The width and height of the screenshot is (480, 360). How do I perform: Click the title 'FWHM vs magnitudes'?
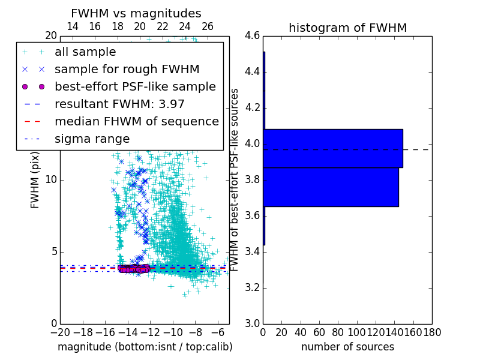[x=136, y=13]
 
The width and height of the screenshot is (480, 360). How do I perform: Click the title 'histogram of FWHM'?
[x=347, y=28]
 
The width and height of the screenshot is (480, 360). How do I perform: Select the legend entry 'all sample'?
[x=85, y=52]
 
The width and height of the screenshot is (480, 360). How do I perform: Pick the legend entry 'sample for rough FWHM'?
[x=127, y=70]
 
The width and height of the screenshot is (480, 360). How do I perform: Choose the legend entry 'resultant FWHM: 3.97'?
[x=119, y=104]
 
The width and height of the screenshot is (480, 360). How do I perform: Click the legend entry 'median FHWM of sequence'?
[x=136, y=121]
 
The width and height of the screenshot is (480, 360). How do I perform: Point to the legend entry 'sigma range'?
[x=92, y=139]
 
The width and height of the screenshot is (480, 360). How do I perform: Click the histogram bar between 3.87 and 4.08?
[x=333, y=148]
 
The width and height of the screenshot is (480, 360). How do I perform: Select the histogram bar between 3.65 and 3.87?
[x=331, y=187]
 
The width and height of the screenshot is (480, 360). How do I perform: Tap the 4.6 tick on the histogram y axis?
[x=252, y=36]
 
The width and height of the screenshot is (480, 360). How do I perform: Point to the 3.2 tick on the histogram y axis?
[x=252, y=287]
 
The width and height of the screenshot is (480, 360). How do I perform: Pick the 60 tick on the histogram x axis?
[x=319, y=332]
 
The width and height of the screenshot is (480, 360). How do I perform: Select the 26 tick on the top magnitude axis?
[x=208, y=26]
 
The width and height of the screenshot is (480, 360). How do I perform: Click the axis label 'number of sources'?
[x=347, y=347]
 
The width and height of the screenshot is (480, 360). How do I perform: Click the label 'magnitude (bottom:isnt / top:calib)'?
[x=145, y=347]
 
